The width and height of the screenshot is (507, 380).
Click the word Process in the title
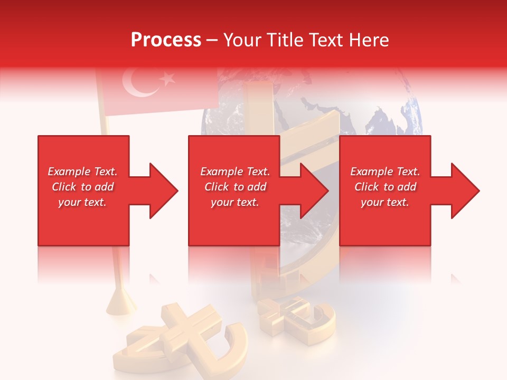166,40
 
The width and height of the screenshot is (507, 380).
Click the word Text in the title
326,40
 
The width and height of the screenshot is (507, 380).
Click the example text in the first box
82,187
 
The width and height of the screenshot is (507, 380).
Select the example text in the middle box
235,187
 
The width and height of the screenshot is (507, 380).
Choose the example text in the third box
385,187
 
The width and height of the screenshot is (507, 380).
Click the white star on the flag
168,79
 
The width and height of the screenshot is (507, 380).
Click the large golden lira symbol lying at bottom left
174,338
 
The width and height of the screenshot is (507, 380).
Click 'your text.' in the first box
82,202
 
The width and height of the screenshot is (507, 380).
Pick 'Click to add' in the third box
385,187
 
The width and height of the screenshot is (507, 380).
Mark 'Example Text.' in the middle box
235,172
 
